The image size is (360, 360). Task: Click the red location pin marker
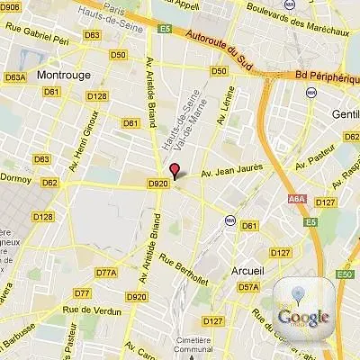175,170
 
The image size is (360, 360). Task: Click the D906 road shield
11,7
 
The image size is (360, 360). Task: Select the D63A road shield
14,77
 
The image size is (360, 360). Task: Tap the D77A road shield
106,272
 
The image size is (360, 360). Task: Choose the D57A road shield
249,287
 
